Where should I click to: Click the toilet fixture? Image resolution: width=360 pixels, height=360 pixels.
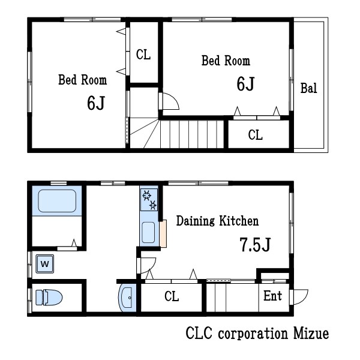point(49,298)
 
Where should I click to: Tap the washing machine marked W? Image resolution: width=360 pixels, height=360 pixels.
point(45,264)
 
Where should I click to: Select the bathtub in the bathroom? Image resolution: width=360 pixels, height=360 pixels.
point(57,200)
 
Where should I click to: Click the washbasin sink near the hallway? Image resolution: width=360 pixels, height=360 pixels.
point(127,298)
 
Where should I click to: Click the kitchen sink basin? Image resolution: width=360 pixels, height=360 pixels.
point(148,232)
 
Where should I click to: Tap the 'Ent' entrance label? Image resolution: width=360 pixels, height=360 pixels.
point(272,296)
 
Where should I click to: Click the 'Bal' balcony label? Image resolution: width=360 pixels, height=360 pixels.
point(309,88)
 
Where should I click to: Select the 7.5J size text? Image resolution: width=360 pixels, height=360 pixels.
point(256,245)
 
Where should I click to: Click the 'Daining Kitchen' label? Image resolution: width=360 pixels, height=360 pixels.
point(217,221)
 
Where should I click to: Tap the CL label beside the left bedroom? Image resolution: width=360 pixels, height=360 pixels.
point(143,55)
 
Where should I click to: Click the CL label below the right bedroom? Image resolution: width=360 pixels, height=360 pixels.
point(256,135)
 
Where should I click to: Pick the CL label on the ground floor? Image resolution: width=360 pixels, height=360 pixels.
point(172,296)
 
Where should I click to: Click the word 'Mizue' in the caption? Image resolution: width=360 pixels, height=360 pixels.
point(311,334)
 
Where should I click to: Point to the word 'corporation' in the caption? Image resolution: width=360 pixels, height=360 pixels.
point(253,334)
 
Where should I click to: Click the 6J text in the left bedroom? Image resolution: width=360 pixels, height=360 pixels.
point(96,103)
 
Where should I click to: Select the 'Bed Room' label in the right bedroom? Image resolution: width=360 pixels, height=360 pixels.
point(226,61)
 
